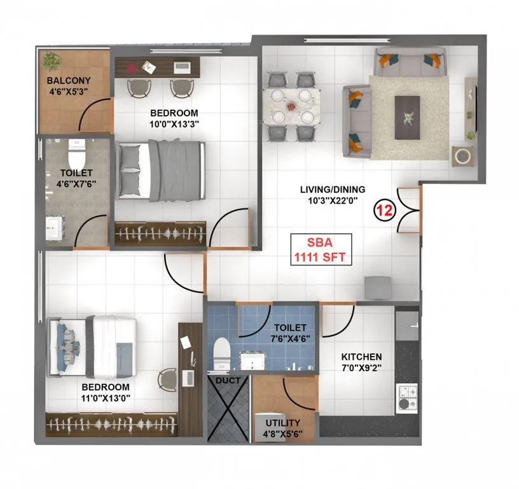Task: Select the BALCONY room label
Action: pos(68,81)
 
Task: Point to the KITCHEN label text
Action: pos(361,357)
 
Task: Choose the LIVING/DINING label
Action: pos(333,188)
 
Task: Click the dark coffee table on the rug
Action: pos(407,117)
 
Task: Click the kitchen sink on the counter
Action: pos(406,323)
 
